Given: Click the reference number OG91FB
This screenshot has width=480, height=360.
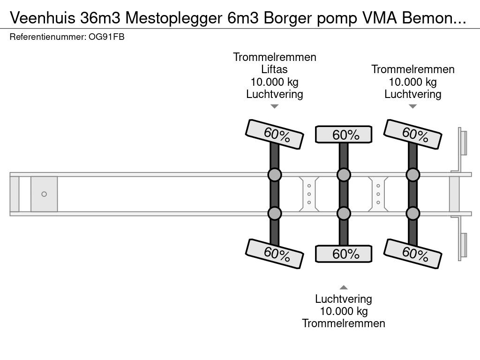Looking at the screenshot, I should click(106, 37).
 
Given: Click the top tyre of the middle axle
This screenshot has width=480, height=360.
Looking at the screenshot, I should click(344, 135).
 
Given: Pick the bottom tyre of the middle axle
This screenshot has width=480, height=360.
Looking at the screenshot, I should click(344, 254).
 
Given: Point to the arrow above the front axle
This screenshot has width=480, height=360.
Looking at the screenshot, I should click(275, 106).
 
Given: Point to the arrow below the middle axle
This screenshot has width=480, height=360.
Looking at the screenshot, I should click(344, 287).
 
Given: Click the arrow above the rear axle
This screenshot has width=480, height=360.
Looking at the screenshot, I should click(412, 106).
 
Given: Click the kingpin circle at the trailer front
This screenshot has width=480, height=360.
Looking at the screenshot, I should click(44, 194).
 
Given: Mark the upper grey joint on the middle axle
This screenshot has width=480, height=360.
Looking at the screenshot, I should click(344, 175).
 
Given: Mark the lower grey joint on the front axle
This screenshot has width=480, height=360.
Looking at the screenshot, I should click(275, 214).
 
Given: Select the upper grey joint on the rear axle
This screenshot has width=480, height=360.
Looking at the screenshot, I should click(412, 175).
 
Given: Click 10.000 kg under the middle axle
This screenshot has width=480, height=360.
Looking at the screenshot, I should click(344, 311).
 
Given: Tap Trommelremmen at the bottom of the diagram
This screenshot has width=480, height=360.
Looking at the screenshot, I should click(344, 323).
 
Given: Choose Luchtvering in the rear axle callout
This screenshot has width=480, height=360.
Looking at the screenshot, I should click(413, 94).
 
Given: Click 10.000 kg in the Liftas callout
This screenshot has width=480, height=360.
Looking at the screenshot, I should click(275, 82).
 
